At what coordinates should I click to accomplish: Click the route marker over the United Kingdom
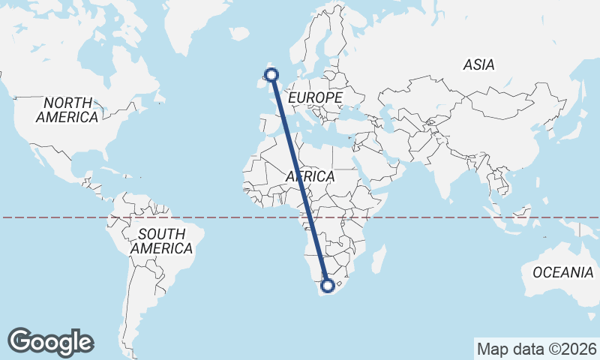[x=271, y=73]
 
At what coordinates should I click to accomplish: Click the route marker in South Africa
[x=327, y=285]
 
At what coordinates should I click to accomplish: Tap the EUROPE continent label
[x=315, y=97]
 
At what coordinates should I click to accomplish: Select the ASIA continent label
[x=478, y=65]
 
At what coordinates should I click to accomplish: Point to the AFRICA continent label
[x=310, y=176]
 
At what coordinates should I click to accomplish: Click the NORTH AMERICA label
[x=67, y=109]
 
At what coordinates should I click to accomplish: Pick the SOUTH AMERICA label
[x=161, y=240]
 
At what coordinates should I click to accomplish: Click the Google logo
[x=50, y=342]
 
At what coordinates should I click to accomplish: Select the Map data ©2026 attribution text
[x=536, y=349]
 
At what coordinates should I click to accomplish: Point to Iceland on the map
[x=239, y=34]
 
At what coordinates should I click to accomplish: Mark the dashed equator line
[x=450, y=217]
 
